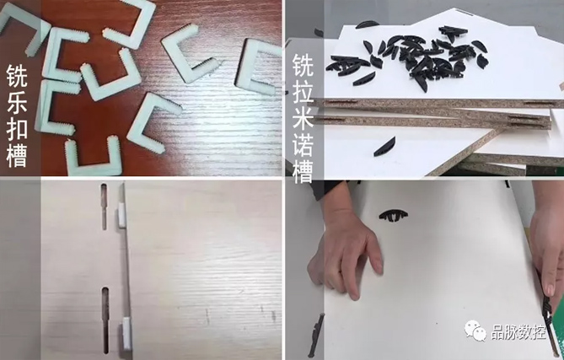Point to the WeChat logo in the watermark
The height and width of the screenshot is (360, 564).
tap(478, 332)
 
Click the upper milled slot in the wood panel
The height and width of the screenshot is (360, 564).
tap(104, 207)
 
